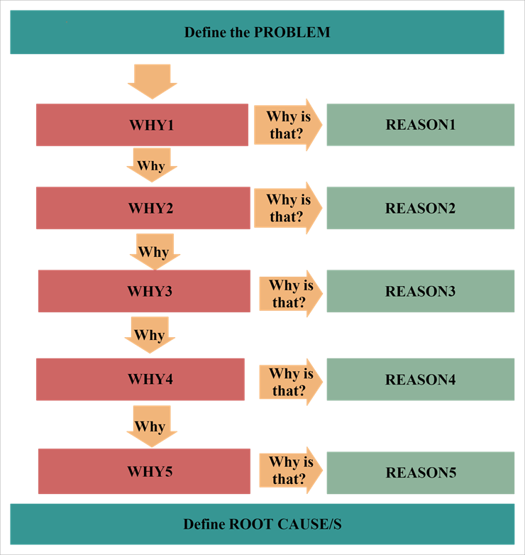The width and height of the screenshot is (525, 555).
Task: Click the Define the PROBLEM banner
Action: (x=257, y=33)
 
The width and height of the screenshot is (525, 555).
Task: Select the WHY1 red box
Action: (x=142, y=125)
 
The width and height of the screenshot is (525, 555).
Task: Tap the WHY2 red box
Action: (x=143, y=209)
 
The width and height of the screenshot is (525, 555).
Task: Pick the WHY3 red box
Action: (x=144, y=291)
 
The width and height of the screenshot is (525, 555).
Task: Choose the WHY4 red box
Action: (x=140, y=379)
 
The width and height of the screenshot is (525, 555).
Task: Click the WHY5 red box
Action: (x=144, y=471)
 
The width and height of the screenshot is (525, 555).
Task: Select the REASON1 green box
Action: (x=420, y=125)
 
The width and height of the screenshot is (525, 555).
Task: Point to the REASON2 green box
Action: (x=420, y=209)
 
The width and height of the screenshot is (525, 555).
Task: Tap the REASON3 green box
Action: (x=420, y=291)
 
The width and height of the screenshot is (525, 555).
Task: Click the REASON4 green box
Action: (x=420, y=379)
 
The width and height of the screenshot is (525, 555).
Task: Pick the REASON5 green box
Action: (x=420, y=473)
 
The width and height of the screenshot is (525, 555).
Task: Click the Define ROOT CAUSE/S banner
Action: (x=262, y=524)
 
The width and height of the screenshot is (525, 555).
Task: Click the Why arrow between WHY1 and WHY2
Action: (x=151, y=165)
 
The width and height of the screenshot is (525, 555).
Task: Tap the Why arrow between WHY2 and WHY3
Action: (x=154, y=251)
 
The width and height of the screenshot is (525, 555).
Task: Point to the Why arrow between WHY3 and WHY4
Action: (x=150, y=334)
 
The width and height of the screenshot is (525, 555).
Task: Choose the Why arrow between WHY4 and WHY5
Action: (x=150, y=426)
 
